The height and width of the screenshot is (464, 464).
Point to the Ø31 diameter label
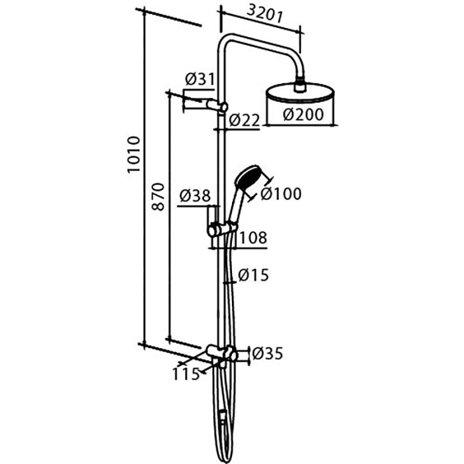click(200, 80)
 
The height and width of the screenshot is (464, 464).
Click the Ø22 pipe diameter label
click(244, 120)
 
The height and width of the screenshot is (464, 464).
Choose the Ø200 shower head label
click(303, 115)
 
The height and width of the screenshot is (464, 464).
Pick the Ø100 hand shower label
click(280, 194)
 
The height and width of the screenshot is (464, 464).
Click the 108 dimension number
click(253, 237)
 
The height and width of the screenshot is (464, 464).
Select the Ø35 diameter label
click(266, 353)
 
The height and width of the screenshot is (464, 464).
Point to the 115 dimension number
click(188, 375)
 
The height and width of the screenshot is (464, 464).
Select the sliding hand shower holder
click(221, 230)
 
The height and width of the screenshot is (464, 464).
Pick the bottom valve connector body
click(221, 353)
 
